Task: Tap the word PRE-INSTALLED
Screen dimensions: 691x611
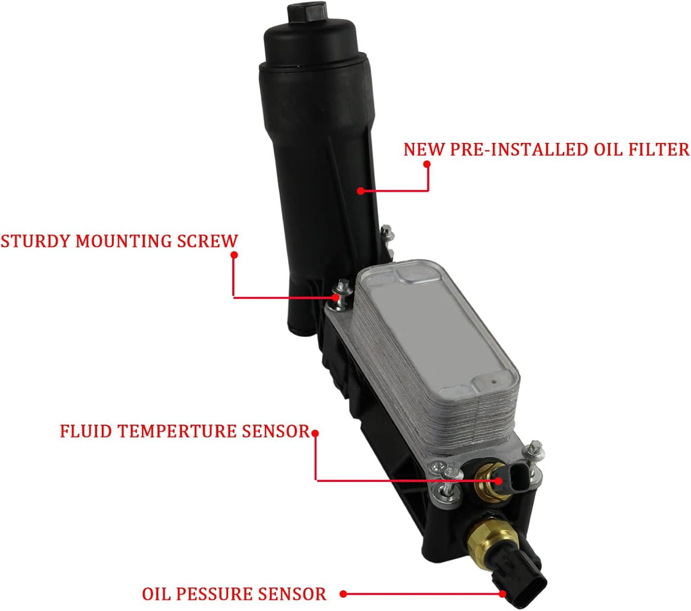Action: [519, 149]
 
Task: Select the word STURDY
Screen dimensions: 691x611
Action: [36, 241]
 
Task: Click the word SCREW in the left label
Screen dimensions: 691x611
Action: [207, 241]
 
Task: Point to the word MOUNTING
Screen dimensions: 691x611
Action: [124, 241]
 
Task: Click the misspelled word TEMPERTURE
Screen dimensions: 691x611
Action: [177, 431]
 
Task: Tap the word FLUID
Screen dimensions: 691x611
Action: [86, 431]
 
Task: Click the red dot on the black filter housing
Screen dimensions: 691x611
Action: [360, 191]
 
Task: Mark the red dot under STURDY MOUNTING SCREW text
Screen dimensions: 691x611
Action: [234, 255]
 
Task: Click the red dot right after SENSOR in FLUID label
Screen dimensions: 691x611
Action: [315, 433]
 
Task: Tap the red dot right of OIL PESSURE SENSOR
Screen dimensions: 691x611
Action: [343, 594]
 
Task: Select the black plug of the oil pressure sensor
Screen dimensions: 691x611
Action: [522, 577]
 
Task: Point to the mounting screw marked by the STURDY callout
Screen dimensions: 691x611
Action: [341, 292]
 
